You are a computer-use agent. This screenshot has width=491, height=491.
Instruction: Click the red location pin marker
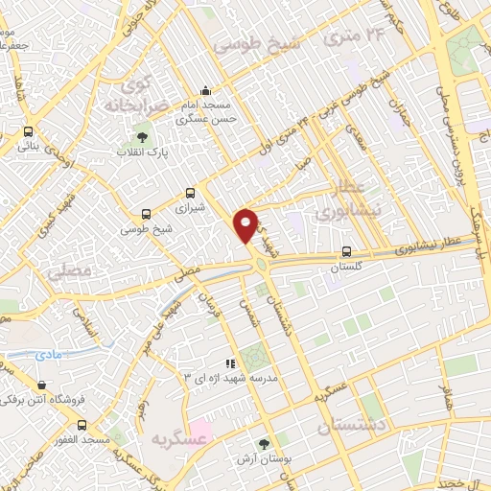246,224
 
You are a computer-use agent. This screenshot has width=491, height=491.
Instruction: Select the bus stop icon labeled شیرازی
190,192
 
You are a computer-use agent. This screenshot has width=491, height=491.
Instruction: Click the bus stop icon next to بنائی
28,132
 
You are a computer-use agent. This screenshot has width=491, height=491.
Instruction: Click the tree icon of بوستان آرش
265,443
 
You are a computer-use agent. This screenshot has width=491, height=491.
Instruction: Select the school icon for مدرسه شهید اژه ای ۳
229,363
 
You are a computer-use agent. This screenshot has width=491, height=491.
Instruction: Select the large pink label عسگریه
179,437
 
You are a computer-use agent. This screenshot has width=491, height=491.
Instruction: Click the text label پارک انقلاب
143,153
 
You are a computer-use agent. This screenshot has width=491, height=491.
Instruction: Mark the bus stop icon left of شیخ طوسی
146,214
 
